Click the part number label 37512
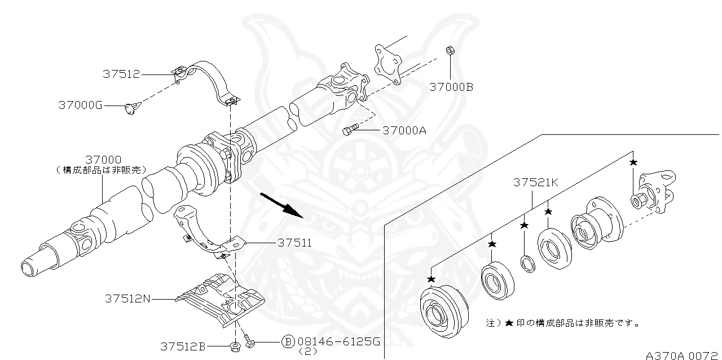[121, 74]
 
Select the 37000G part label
[80, 105]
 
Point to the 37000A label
[404, 131]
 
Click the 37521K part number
[535, 183]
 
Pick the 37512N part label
[127, 298]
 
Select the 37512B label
[182, 345]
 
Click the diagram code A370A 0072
[681, 355]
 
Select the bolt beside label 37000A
[350, 130]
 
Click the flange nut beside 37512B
[235, 345]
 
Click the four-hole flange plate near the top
[388, 64]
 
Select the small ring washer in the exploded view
[527, 263]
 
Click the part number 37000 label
[103, 160]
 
